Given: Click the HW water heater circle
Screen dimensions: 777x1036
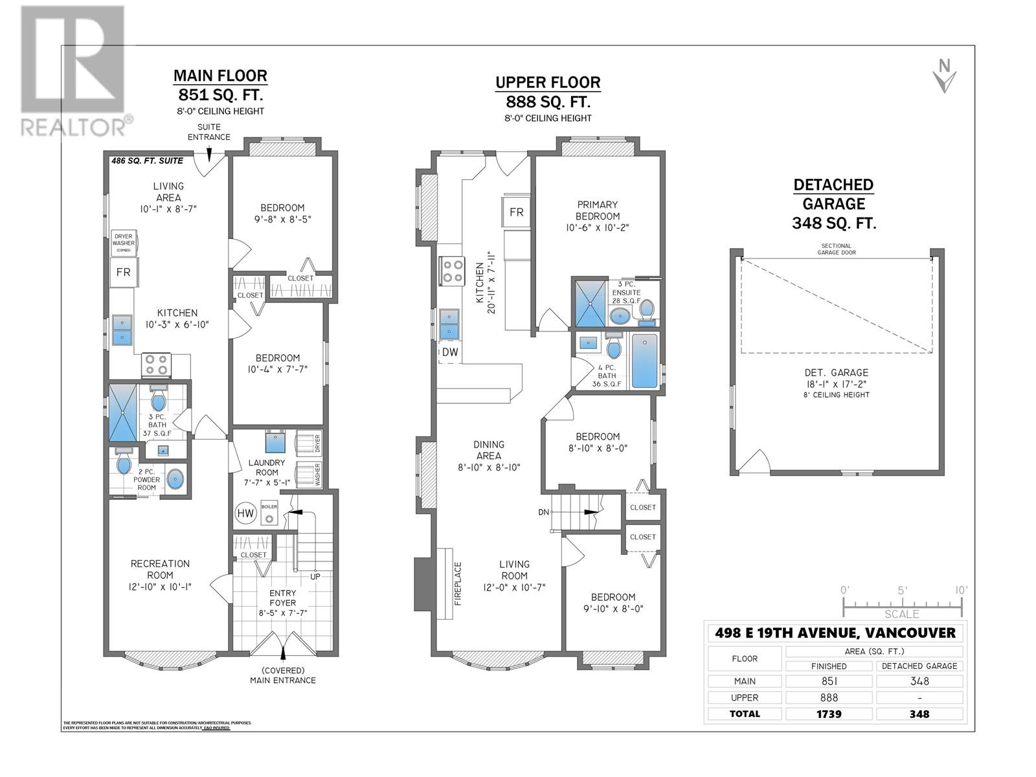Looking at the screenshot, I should [x=245, y=513].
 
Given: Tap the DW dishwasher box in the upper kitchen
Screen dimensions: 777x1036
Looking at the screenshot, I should [x=450, y=352].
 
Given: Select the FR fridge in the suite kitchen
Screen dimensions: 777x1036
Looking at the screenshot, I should [x=123, y=272].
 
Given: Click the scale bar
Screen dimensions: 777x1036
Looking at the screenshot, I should [x=902, y=606].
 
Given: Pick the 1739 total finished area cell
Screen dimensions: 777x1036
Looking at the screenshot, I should [x=829, y=714].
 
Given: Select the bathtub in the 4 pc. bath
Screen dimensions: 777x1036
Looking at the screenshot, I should [x=644, y=361].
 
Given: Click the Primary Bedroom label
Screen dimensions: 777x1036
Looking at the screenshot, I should [x=597, y=210].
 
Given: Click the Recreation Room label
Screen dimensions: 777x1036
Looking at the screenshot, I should [x=160, y=569].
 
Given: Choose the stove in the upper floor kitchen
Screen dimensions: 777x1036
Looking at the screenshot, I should [x=451, y=271].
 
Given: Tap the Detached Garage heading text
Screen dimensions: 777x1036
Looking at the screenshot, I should [x=833, y=194].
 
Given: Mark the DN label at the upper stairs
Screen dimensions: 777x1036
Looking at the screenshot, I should [x=543, y=512].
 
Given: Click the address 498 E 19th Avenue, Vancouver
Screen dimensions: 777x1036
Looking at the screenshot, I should [x=835, y=633].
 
